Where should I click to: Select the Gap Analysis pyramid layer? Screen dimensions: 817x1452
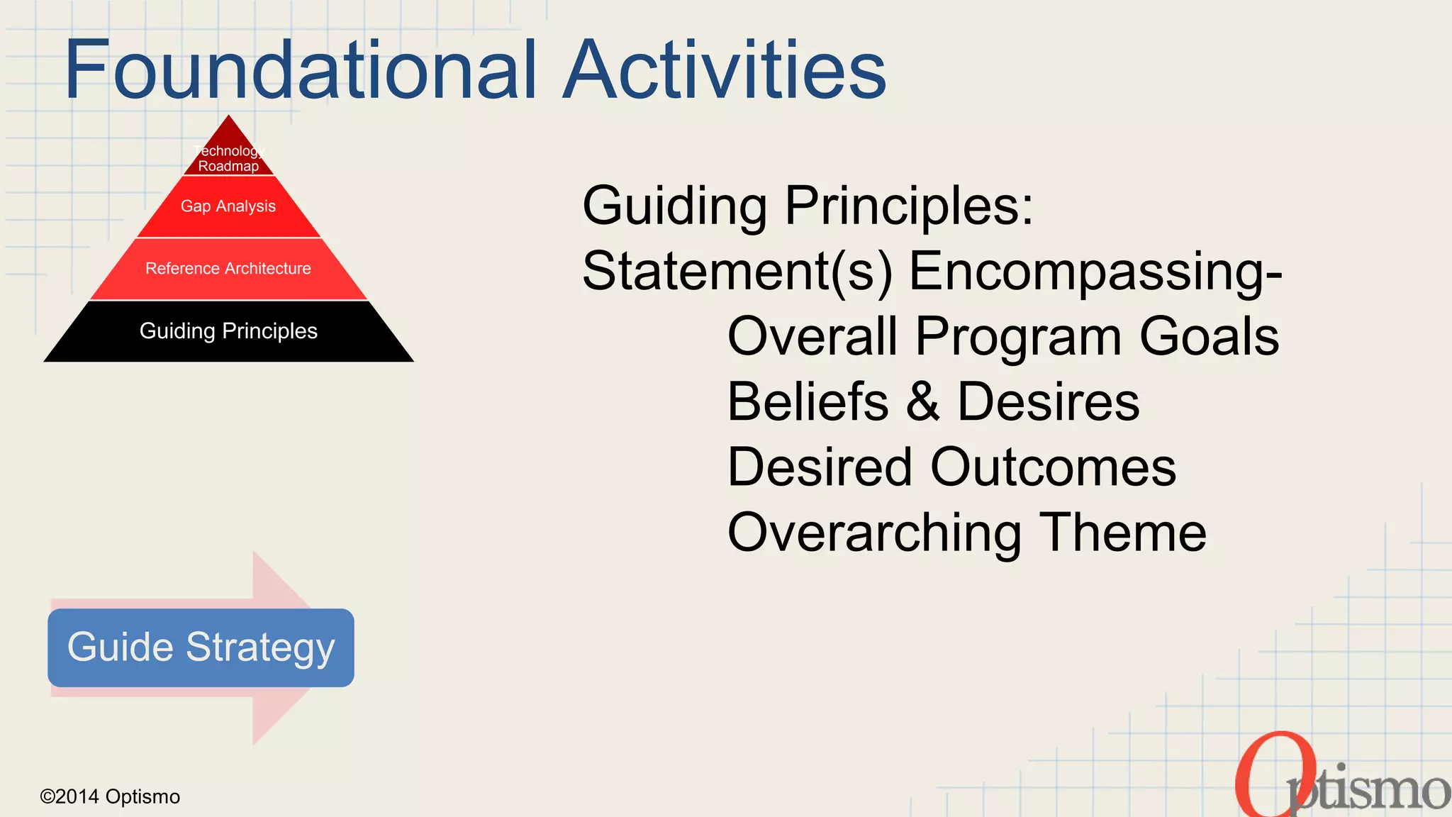(228, 206)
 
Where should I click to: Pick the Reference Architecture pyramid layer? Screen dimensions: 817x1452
(228, 269)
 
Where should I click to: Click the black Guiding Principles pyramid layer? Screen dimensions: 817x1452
(228, 331)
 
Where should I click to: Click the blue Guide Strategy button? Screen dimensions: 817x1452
(201, 648)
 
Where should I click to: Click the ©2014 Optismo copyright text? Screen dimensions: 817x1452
(110, 796)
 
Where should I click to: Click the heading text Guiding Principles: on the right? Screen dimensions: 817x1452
(808, 206)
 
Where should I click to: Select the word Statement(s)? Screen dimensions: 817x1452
(737, 271)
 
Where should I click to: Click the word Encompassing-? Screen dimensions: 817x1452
(1095, 271)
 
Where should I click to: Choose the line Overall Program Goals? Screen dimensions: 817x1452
(1003, 336)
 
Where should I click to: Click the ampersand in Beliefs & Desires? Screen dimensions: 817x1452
(923, 402)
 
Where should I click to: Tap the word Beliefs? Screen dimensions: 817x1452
(808, 402)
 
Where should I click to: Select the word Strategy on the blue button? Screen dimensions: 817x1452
(260, 648)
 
